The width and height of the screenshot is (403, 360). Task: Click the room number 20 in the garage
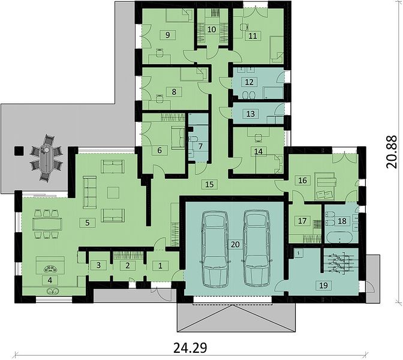click(x=235, y=244)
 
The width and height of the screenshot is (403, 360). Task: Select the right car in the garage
click(x=256, y=248)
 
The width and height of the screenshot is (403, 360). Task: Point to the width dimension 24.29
click(x=190, y=348)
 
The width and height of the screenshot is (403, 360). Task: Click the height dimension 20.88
click(x=392, y=152)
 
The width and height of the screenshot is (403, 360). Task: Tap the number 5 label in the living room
click(x=88, y=223)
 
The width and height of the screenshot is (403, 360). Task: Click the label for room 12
click(x=249, y=82)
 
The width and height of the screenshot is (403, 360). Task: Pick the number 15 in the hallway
click(x=209, y=184)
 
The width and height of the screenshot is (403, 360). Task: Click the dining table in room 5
click(x=47, y=224)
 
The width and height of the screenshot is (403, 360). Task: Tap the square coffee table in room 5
click(x=113, y=193)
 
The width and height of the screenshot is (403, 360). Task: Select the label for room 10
click(x=212, y=29)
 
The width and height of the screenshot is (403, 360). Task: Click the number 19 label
click(x=324, y=285)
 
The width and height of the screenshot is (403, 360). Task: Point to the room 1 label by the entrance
click(x=160, y=266)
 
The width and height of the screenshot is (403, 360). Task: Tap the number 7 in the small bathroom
click(x=200, y=146)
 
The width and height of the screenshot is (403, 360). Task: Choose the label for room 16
click(x=303, y=180)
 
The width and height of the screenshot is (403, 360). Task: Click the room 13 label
click(x=251, y=113)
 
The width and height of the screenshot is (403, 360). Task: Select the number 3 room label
click(x=99, y=265)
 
